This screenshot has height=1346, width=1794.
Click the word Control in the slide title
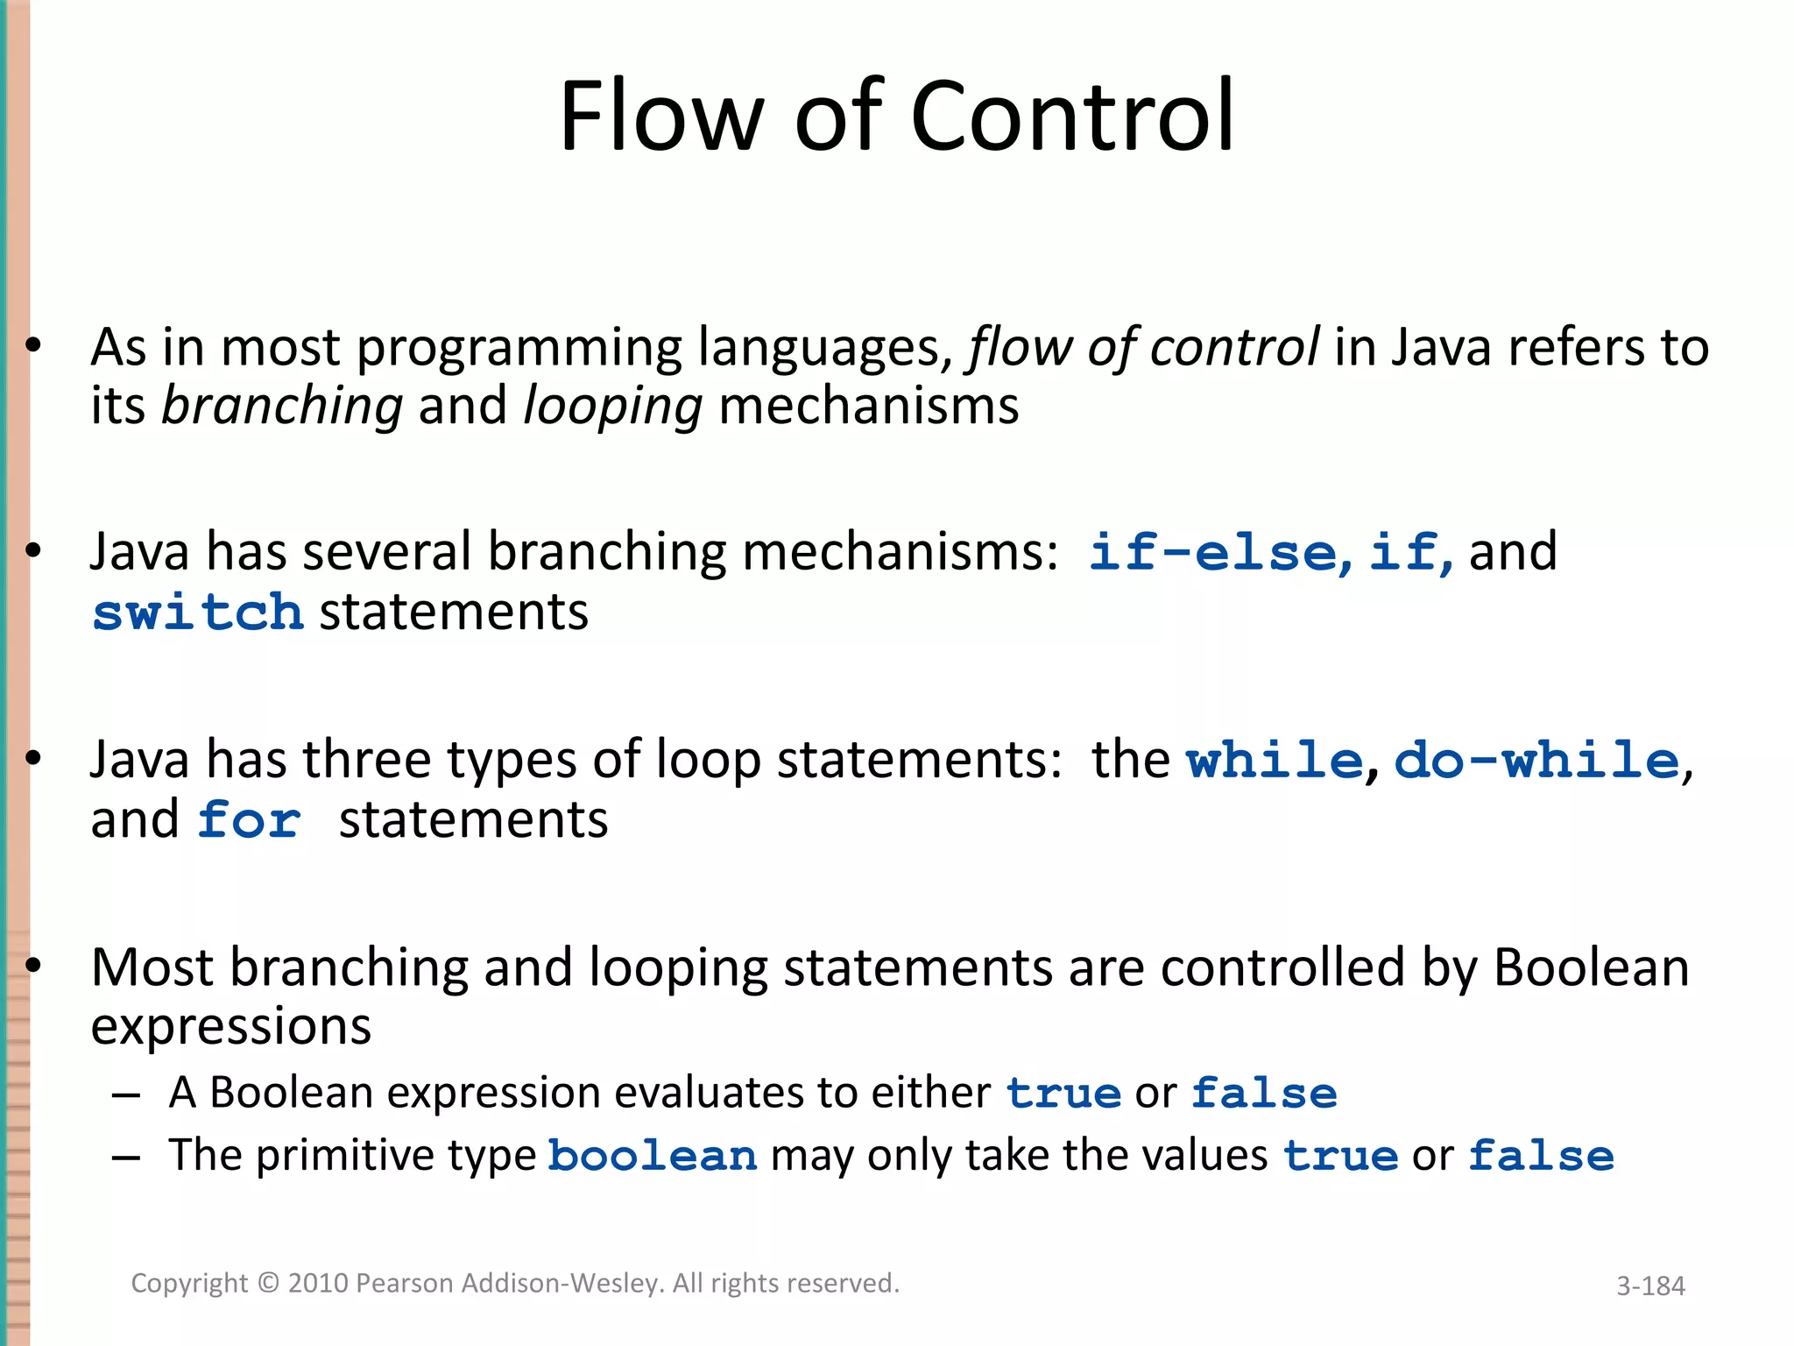pyautogui.click(x=1072, y=117)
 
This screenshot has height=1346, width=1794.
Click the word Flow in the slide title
pyautogui.click(x=660, y=117)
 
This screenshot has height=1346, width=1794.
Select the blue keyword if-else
pyautogui.click(x=1212, y=554)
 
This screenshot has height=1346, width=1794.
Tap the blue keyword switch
pyautogui.click(x=198, y=613)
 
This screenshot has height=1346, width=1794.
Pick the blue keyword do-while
pyautogui.click(x=1536, y=760)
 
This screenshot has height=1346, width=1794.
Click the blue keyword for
pyautogui.click(x=249, y=821)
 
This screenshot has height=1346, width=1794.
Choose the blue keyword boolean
pyautogui.click(x=653, y=1156)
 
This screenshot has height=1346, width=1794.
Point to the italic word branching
pyautogui.click(x=282, y=407)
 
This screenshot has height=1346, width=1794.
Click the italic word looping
pyautogui.click(x=612, y=407)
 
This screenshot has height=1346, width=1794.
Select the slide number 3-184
pyautogui.click(x=1650, y=1286)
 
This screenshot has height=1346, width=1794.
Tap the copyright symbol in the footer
pyautogui.click(x=268, y=1284)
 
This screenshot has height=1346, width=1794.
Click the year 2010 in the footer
pyautogui.click(x=319, y=1284)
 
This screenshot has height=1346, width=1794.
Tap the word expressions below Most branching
pyautogui.click(x=231, y=1027)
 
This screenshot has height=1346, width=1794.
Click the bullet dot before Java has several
pyautogui.click(x=33, y=551)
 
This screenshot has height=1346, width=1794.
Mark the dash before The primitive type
pyautogui.click(x=126, y=1158)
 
